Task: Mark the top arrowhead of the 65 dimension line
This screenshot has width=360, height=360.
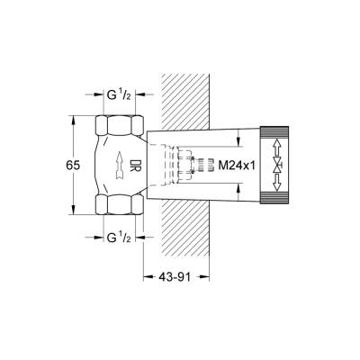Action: pyautogui.click(x=72, y=115)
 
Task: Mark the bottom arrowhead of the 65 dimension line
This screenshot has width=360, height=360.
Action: pyautogui.click(x=72, y=215)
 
